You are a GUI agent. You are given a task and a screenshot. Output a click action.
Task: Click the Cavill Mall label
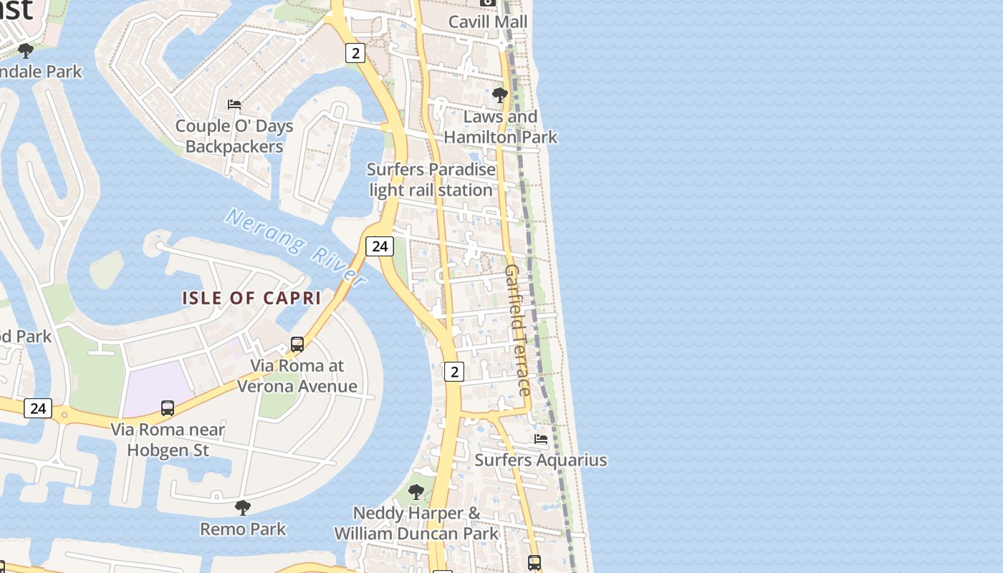coord(488,21)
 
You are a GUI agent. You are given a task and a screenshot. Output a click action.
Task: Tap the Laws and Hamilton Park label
coord(500,127)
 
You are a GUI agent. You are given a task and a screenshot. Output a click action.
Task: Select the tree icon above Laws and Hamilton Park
coord(500,95)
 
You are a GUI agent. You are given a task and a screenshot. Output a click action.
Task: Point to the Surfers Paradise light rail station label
coord(431,180)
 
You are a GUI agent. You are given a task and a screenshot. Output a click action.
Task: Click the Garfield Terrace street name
coord(518,329)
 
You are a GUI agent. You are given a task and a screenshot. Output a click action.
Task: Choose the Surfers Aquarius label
coord(541,460)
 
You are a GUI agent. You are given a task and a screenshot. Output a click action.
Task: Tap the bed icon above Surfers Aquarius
coord(541,438)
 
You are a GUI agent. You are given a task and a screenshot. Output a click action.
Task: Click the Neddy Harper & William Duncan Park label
coord(416,524)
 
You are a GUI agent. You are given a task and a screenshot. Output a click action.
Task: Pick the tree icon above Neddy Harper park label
coord(416,492)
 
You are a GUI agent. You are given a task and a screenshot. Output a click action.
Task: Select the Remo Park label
coord(243,529)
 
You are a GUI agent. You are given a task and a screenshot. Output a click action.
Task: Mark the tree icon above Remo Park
coord(243,508)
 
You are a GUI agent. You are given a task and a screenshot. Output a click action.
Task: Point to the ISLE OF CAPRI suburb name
coord(251,298)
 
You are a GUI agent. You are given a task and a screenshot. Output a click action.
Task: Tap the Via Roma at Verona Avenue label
coord(297,376)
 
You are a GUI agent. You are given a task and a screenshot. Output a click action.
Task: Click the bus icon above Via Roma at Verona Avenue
coord(297,345)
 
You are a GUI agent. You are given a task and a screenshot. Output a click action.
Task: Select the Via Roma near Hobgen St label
coord(168,440)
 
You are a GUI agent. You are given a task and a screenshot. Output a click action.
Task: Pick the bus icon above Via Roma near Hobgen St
coord(168,408)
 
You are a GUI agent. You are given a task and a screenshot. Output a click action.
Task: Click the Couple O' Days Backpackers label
coord(234,136)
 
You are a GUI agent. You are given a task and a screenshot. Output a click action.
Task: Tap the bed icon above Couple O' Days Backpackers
coord(234,105)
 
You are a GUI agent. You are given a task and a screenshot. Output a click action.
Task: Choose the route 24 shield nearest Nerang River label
coord(380,246)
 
